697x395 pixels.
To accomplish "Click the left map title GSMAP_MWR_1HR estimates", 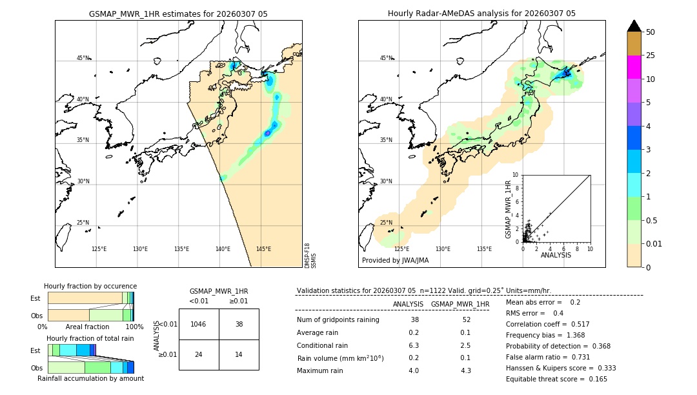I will point(178,14).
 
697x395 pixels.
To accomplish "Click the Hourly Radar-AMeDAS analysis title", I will point(481,14).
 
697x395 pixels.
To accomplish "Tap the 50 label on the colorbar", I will point(651,32).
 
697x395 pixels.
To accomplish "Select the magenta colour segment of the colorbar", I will point(634,67).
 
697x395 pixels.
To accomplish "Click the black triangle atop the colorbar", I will point(634,26).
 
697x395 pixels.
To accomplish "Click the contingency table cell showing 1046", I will point(199,324).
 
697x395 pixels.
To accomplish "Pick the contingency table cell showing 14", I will point(239,354).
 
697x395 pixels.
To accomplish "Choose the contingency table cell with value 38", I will point(239,324).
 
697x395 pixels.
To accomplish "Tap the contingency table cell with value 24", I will point(199,354).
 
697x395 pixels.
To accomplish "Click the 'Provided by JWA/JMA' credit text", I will point(395,261).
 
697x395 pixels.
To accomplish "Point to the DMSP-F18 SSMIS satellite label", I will point(310,256).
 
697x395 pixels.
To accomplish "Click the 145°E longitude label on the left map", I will point(263,249).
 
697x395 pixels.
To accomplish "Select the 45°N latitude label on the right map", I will point(385,58).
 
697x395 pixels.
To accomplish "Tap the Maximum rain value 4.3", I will point(466,370).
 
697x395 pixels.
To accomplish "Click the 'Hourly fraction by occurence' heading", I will point(90,286).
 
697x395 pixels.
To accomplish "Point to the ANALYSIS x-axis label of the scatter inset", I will point(556,255).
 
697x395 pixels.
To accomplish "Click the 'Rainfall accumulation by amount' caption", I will point(90,378).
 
